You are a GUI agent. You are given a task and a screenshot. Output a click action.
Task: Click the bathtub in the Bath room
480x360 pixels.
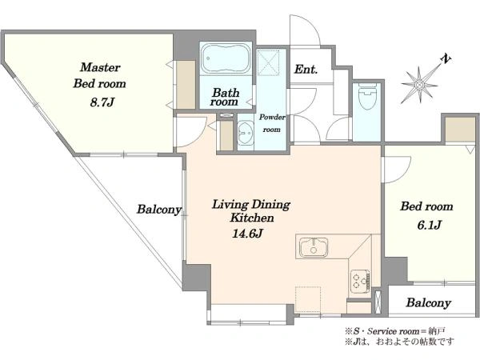[x=226, y=58]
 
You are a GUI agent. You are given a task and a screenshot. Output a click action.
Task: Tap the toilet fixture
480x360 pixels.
[x=367, y=97]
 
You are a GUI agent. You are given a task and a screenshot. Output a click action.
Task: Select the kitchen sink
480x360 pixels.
[x=314, y=247]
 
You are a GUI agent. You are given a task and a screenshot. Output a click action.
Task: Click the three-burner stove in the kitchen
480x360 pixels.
[x=360, y=279]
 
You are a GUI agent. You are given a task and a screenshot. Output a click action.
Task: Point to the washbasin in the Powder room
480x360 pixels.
[x=246, y=134]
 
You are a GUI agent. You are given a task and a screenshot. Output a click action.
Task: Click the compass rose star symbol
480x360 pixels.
[x=419, y=85]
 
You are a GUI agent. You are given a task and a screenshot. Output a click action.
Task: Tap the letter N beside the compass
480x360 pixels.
[x=446, y=59]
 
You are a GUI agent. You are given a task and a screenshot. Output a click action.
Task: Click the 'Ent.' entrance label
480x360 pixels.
[x=306, y=69]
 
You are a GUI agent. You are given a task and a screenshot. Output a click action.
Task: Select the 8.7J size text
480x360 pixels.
[x=102, y=102]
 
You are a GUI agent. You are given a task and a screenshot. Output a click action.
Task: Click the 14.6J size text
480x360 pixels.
[x=247, y=234]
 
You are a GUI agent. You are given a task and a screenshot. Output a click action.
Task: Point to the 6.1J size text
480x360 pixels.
[x=429, y=225]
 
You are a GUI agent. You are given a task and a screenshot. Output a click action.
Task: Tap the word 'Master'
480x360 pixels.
[x=100, y=67]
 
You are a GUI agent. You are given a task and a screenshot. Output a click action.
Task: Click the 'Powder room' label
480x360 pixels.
[x=272, y=123]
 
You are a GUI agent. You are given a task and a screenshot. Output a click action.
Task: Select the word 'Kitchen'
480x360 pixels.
[x=252, y=218]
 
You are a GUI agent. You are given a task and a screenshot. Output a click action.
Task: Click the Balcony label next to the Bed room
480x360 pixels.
[x=429, y=302]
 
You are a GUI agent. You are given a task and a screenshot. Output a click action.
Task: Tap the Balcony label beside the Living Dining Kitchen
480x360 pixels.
[x=159, y=210]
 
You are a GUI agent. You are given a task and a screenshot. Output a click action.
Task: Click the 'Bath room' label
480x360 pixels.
[x=226, y=97]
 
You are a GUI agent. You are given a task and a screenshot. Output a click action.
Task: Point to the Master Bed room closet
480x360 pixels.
[x=186, y=85]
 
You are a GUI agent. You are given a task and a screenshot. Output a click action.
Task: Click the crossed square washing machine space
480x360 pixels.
[x=269, y=62]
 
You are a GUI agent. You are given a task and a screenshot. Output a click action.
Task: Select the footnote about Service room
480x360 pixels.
[x=395, y=331]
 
